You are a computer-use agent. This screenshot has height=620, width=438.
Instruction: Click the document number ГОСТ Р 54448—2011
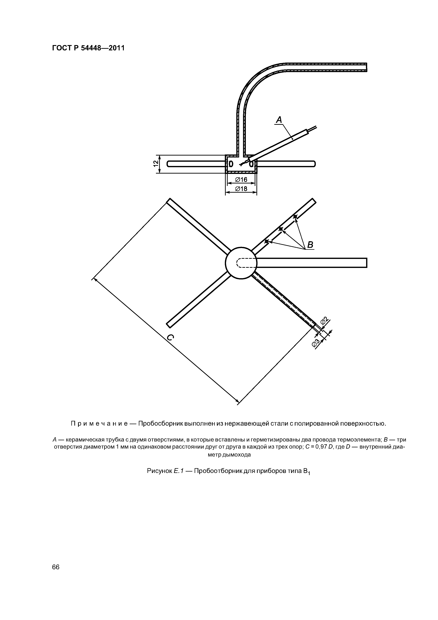pos(88,48)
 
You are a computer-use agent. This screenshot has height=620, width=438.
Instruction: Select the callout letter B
pos(310,245)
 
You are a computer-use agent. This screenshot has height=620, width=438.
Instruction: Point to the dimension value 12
pos(155,164)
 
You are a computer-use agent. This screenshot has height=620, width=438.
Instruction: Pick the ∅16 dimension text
pos(241,180)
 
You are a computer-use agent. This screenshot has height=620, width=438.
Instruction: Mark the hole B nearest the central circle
pos(267,241)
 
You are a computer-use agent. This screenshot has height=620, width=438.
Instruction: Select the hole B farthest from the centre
pos(295,216)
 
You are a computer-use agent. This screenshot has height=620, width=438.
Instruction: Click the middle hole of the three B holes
pos(281,229)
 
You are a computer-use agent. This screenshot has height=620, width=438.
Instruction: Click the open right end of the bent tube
pos(366,67)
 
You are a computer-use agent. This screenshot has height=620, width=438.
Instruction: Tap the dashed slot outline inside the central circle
pos(246,263)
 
